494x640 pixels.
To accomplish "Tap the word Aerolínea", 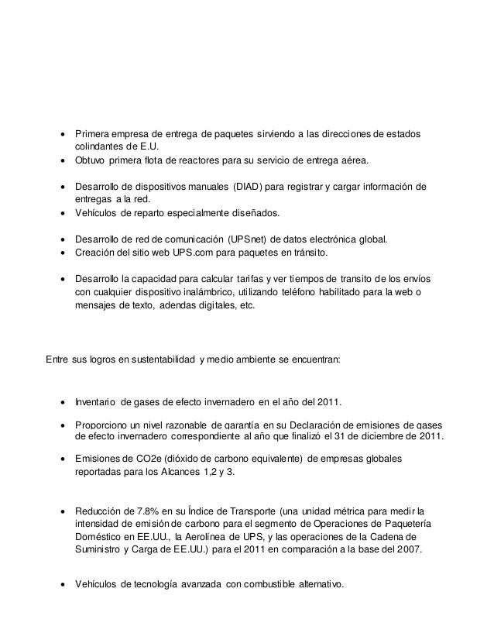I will click(245, 536).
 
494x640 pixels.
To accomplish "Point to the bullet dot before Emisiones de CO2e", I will click(61, 458).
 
